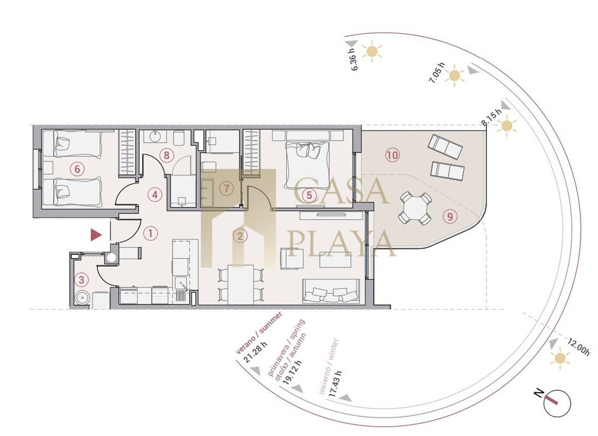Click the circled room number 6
(x=78, y=169)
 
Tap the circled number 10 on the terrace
(x=392, y=155)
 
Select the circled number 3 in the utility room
(x=81, y=280)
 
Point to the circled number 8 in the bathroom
(x=166, y=155)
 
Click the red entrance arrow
(x=96, y=235)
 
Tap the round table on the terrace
(x=415, y=209)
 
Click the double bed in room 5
(x=307, y=160)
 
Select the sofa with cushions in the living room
(x=331, y=291)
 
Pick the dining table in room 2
(x=241, y=285)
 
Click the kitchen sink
(x=180, y=283)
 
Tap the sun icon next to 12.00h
(x=560, y=358)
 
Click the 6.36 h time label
(x=353, y=59)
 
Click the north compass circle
(x=557, y=403)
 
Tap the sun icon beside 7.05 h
(x=454, y=75)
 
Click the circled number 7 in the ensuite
(x=227, y=188)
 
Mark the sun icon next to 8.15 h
(x=506, y=126)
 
